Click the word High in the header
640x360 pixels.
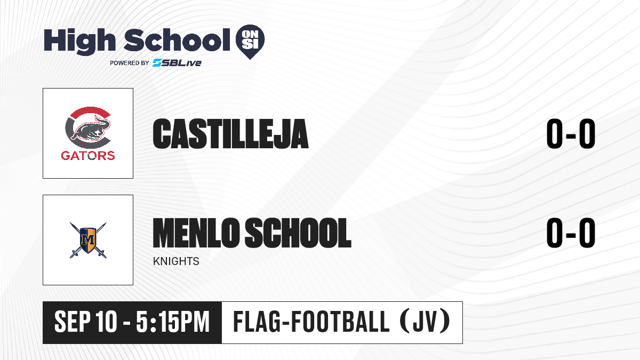(79, 41)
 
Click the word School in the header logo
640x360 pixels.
(177, 40)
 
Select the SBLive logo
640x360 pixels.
(177, 62)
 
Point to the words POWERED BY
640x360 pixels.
(130, 63)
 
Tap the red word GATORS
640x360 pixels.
(88, 156)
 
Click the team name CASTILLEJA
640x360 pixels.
(230, 134)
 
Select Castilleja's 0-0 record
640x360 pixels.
(571, 134)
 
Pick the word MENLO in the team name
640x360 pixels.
(196, 233)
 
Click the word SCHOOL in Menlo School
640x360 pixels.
(298, 233)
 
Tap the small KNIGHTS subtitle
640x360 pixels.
(176, 261)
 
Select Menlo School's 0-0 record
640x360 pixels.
(571, 233)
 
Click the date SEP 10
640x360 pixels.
(86, 322)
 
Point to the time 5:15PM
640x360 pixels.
(173, 322)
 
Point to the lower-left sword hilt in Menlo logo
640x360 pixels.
(75, 254)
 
